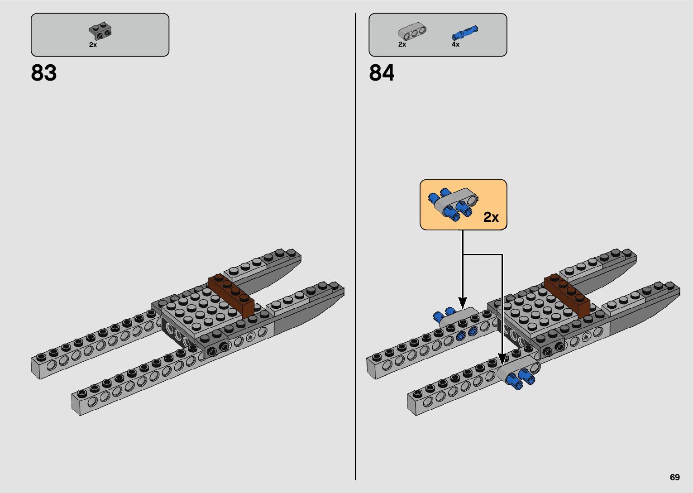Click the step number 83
tap(44, 73)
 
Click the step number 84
tap(382, 73)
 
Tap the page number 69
tap(674, 477)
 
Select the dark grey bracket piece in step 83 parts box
tap(100, 31)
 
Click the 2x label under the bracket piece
tap(93, 45)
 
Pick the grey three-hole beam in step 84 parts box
tap(412, 31)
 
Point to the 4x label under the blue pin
tap(455, 44)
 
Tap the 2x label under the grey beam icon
tap(402, 44)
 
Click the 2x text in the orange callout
tap(491, 217)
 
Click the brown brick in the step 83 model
tap(231, 295)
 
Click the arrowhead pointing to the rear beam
tap(463, 302)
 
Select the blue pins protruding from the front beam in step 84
tap(521, 379)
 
